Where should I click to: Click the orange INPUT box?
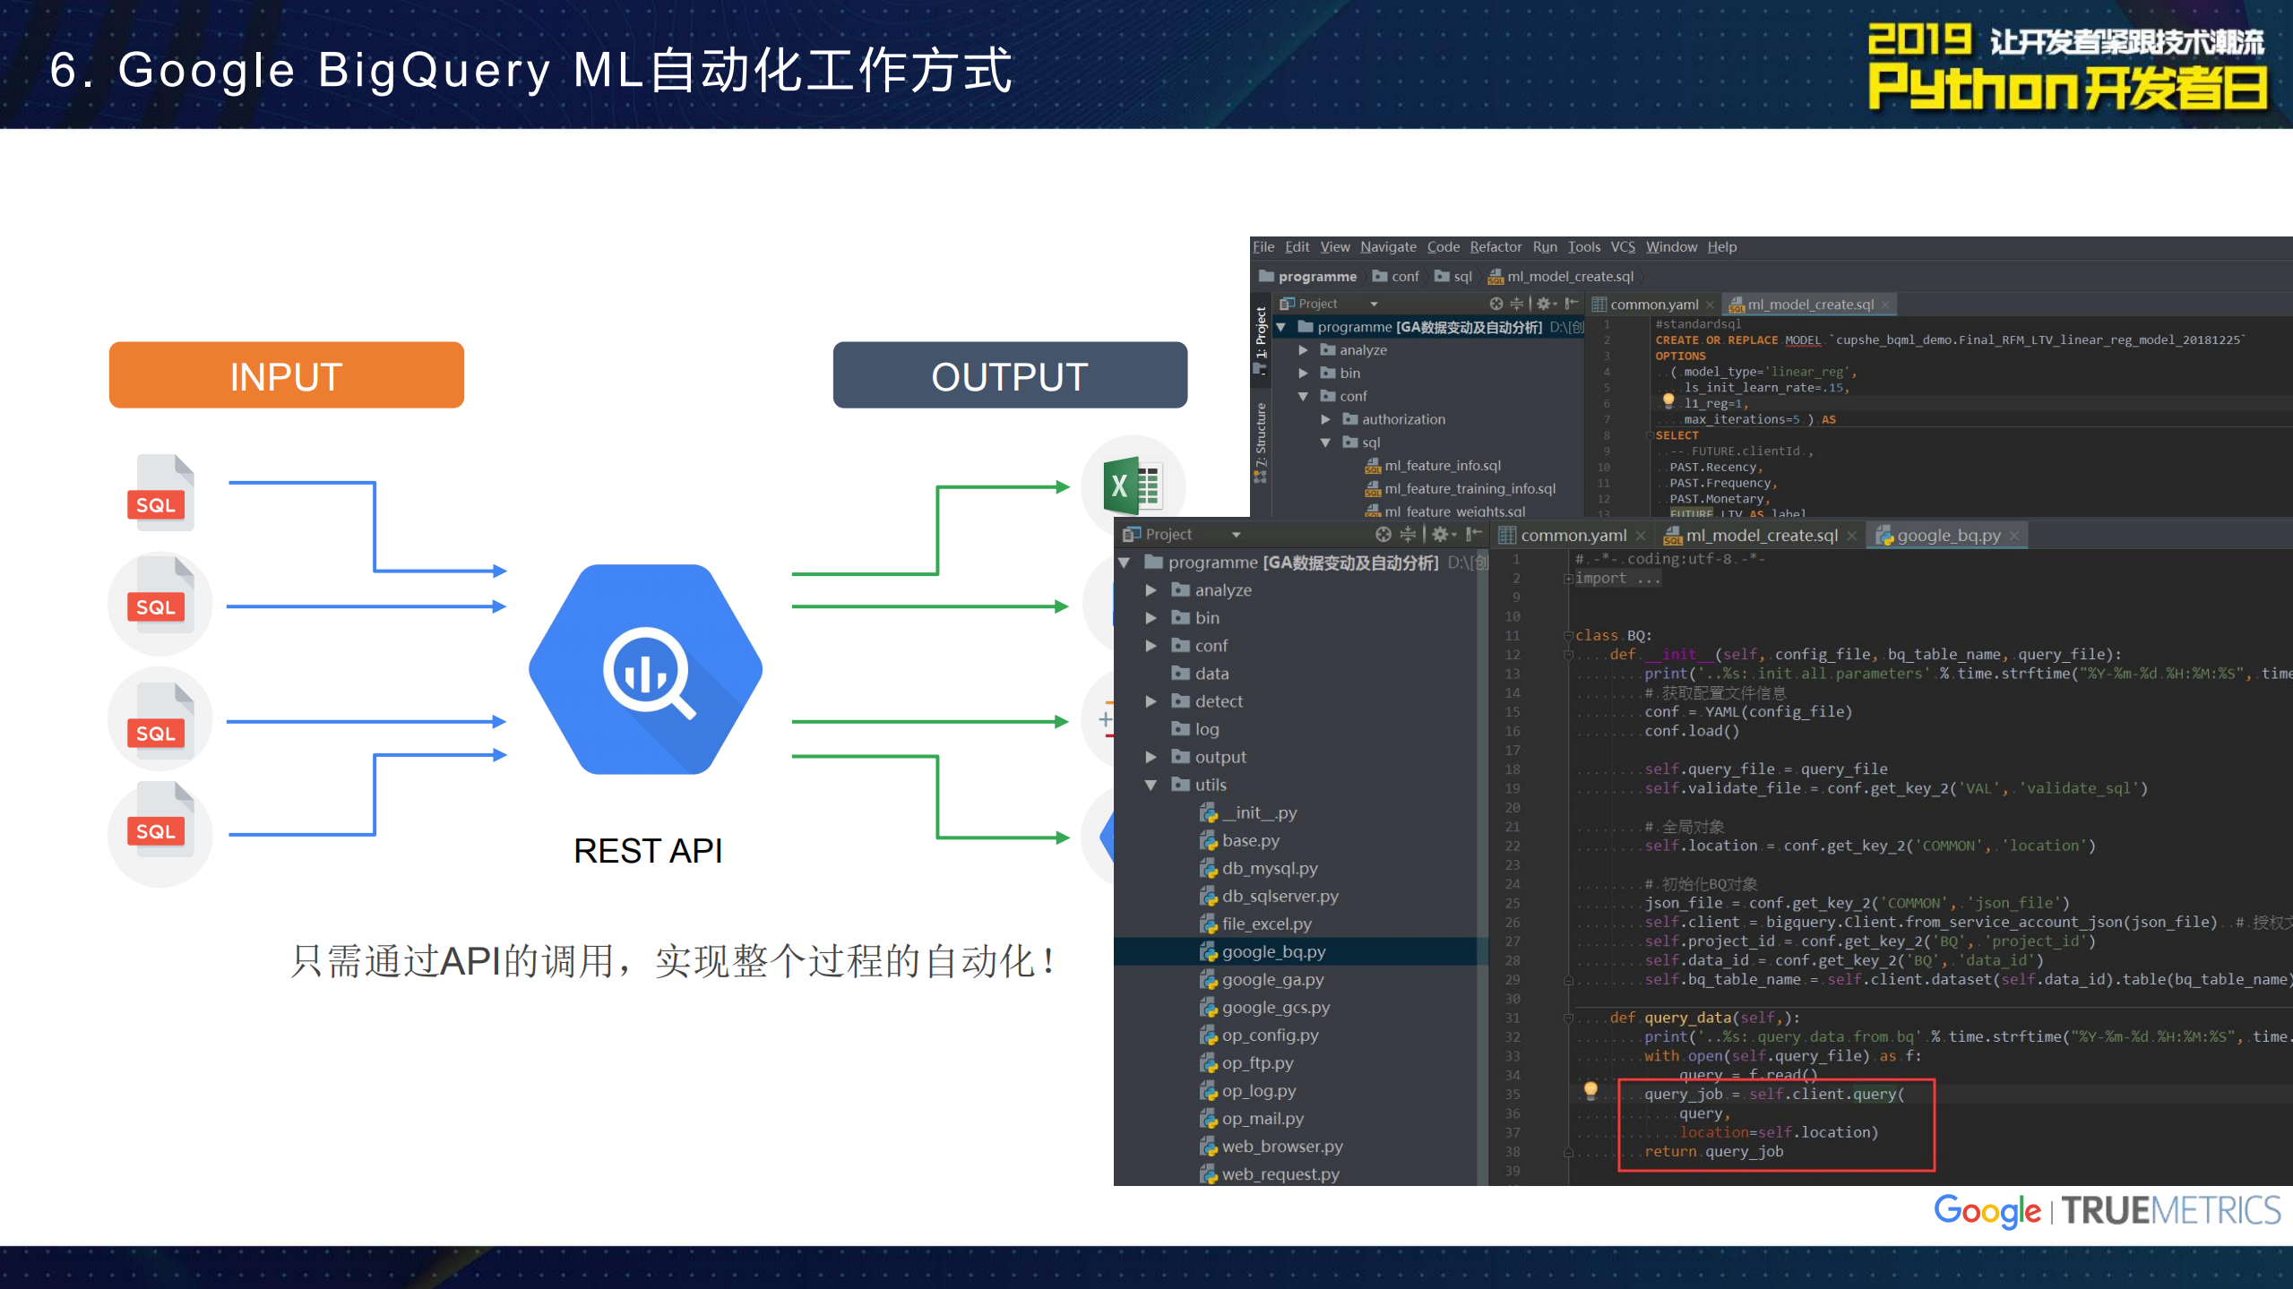coord(286,375)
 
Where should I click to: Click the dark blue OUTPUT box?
coord(1009,375)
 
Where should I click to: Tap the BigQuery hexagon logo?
coord(645,669)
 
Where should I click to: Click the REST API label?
coord(647,851)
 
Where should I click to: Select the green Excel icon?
coord(1132,486)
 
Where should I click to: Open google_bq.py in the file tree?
coord(1272,951)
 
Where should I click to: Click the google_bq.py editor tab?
coord(1948,536)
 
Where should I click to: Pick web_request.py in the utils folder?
coord(1280,1173)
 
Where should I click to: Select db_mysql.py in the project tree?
coord(1269,868)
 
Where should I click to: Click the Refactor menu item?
coord(1495,247)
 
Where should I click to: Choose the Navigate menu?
coord(1387,247)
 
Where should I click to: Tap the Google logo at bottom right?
coord(1986,1211)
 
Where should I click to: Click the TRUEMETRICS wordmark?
coord(2170,1211)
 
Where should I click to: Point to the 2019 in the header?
coord(1918,40)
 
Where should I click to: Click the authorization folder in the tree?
coord(1402,419)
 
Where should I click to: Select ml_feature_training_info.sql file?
coord(1469,489)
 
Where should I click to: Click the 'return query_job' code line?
coord(1712,1152)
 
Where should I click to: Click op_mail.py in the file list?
coord(1262,1118)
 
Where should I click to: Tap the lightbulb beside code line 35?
coord(1590,1090)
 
